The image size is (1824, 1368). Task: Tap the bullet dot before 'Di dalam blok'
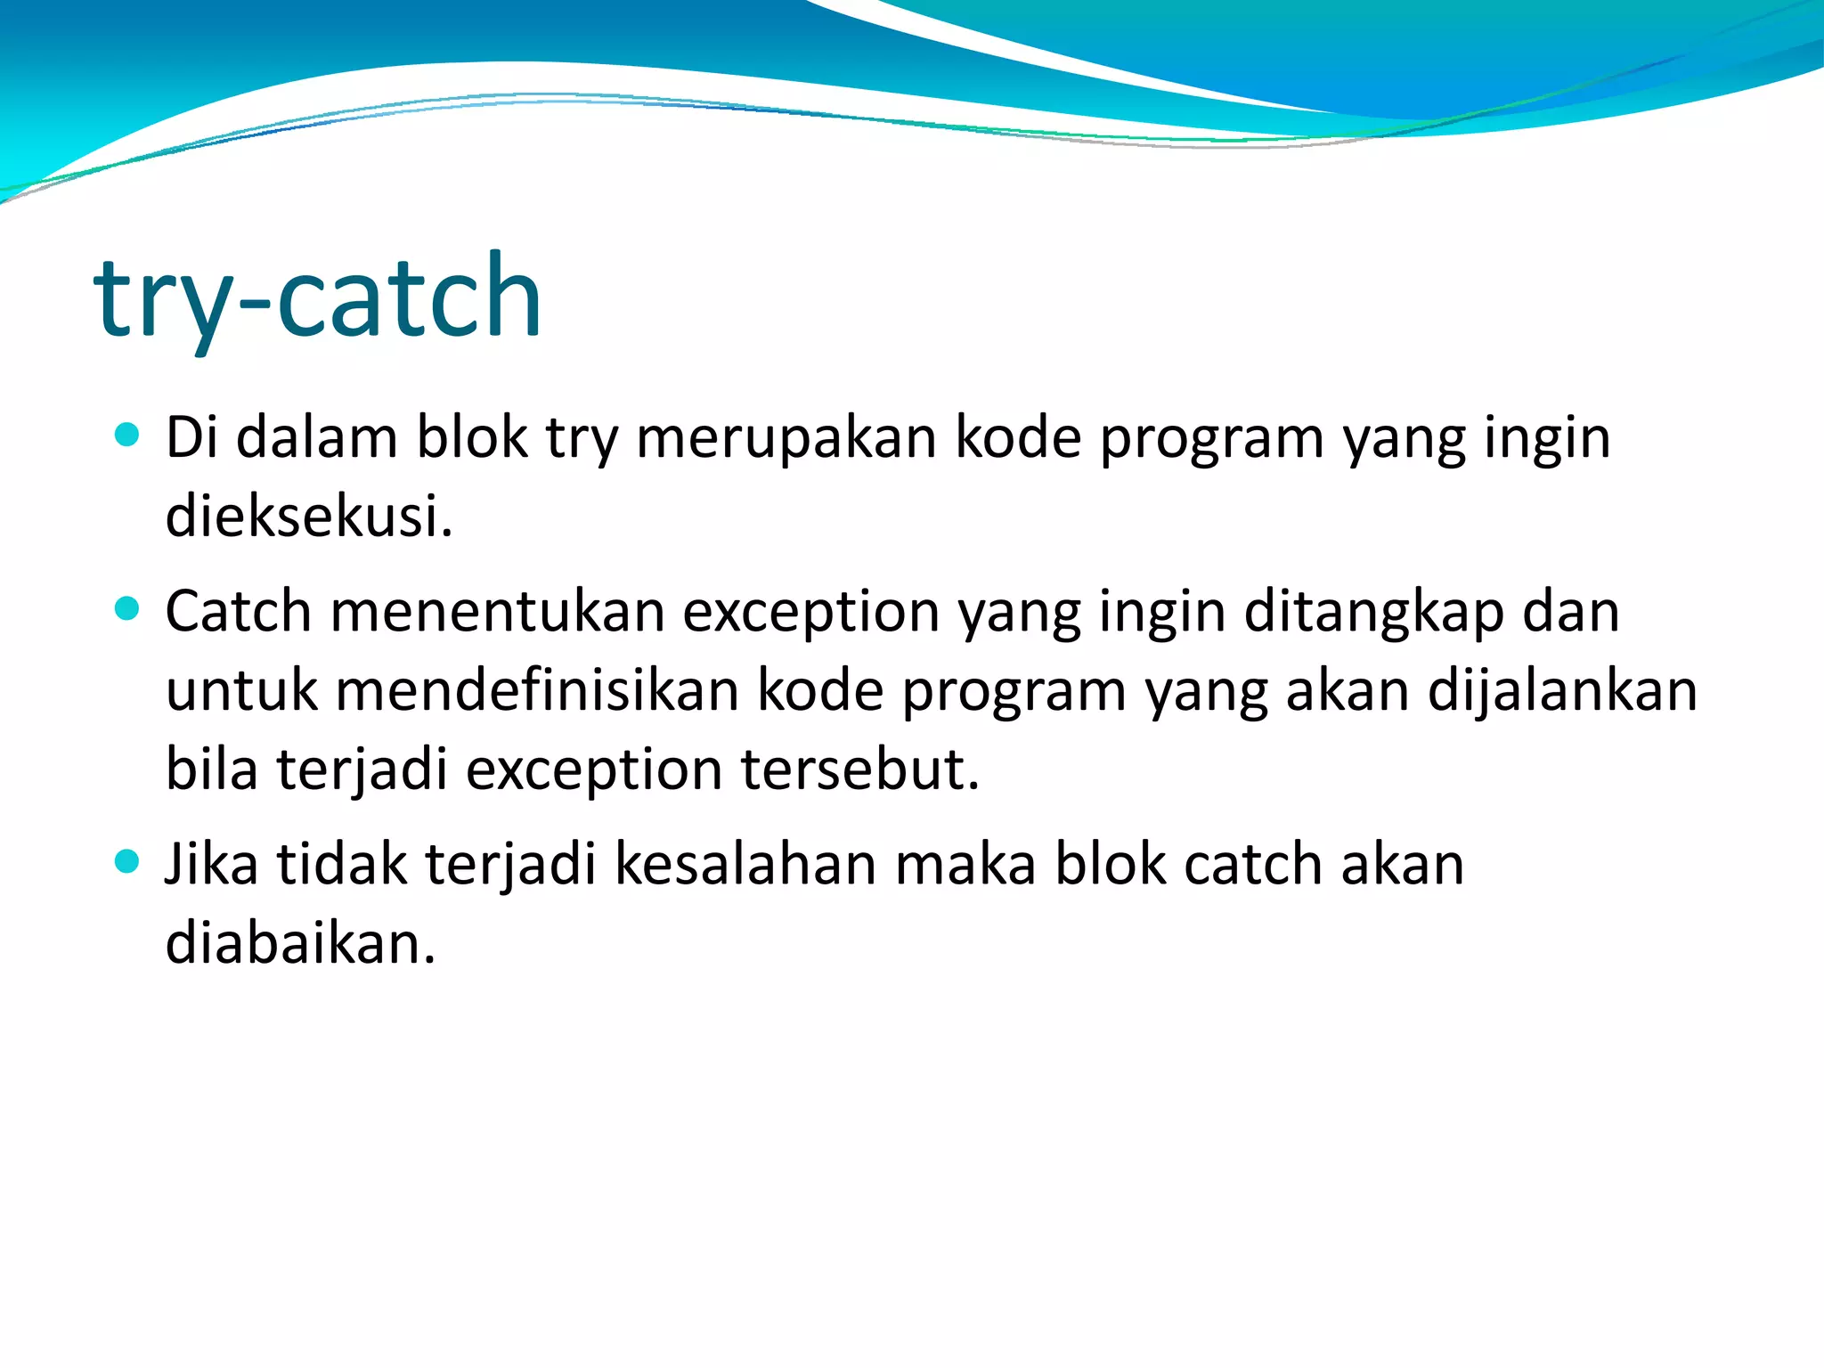128,435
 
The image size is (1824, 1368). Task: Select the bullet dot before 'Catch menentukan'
128,608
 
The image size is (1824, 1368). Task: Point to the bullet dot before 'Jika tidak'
128,861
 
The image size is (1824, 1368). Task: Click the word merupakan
786,438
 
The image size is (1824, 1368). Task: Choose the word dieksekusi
309,517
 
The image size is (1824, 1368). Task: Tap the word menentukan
498,612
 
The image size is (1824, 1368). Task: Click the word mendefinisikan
537,691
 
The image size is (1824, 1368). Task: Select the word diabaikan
300,943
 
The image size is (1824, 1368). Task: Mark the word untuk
241,691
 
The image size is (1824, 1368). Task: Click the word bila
212,769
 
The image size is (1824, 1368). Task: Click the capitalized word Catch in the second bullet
238,612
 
